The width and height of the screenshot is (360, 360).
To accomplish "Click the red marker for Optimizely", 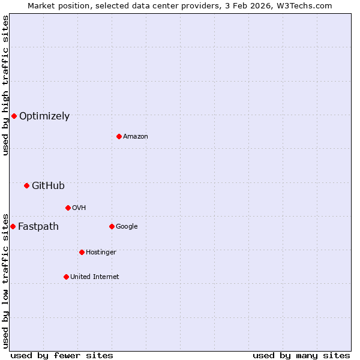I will click(x=14, y=116).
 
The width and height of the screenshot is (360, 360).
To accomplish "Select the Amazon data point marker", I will click(x=119, y=136).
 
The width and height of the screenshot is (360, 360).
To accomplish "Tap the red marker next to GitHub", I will click(x=26, y=185).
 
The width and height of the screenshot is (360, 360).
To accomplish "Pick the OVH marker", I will click(x=68, y=208).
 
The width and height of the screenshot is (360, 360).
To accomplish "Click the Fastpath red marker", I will click(x=13, y=226).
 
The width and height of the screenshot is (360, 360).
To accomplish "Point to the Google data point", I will click(x=112, y=226).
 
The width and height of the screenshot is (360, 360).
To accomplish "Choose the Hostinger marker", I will click(x=82, y=252).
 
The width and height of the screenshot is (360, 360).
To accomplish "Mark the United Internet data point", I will click(x=66, y=277).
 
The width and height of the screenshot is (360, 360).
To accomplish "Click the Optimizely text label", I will click(x=44, y=116).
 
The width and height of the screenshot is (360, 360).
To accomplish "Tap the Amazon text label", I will click(x=136, y=137).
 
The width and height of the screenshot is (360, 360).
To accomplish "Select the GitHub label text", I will click(x=48, y=186).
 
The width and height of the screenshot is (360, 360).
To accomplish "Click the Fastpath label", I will click(x=38, y=227).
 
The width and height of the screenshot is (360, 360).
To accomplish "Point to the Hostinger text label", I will click(x=101, y=253).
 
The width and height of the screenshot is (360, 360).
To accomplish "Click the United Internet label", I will click(x=95, y=277).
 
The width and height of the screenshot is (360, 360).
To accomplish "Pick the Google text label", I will click(x=127, y=227).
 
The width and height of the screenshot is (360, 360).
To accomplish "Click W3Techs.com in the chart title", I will click(x=305, y=5).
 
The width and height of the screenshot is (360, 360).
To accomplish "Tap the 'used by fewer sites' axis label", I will click(x=62, y=355).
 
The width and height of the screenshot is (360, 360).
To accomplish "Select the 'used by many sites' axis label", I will click(x=301, y=355).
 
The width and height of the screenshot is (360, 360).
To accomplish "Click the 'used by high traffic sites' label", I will click(x=5, y=86).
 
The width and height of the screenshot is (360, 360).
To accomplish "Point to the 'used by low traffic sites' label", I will click(x=5, y=280).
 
